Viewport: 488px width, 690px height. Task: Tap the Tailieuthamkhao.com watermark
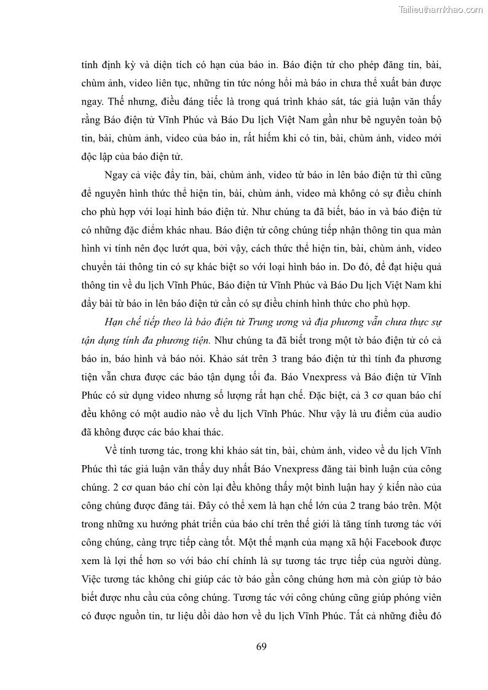coord(441,9)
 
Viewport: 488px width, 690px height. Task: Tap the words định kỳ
coord(112,64)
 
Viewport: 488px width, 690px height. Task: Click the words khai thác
coord(200,431)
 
